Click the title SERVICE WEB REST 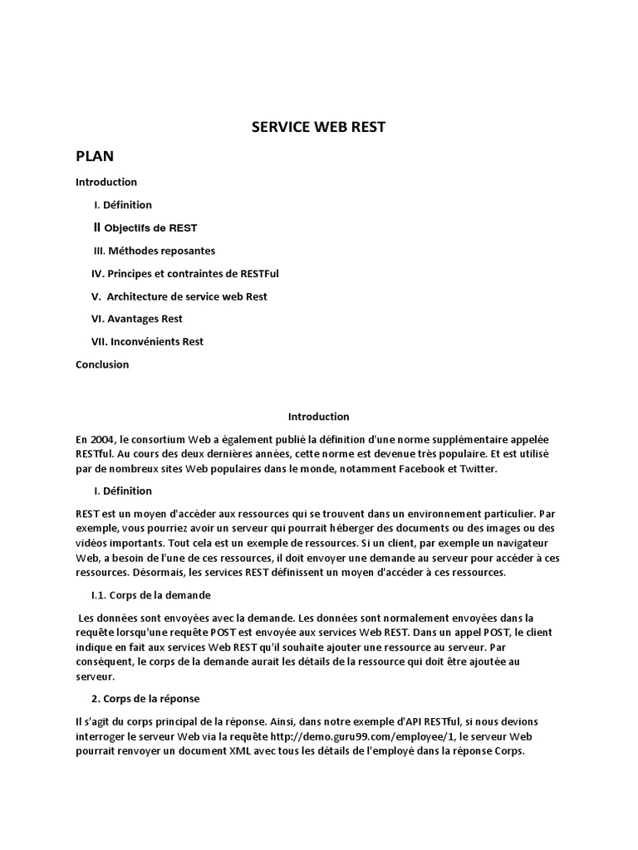click(319, 127)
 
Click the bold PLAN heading click(95, 156)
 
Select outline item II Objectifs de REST click(145, 227)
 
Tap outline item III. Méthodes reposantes click(154, 251)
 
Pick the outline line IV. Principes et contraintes click(179, 273)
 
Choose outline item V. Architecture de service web click(179, 296)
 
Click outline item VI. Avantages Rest click(136, 319)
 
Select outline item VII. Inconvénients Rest click(147, 341)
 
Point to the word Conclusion click(102, 364)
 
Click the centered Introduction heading click(318, 417)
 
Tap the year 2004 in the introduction click(104, 439)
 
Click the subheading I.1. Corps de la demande click(150, 595)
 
